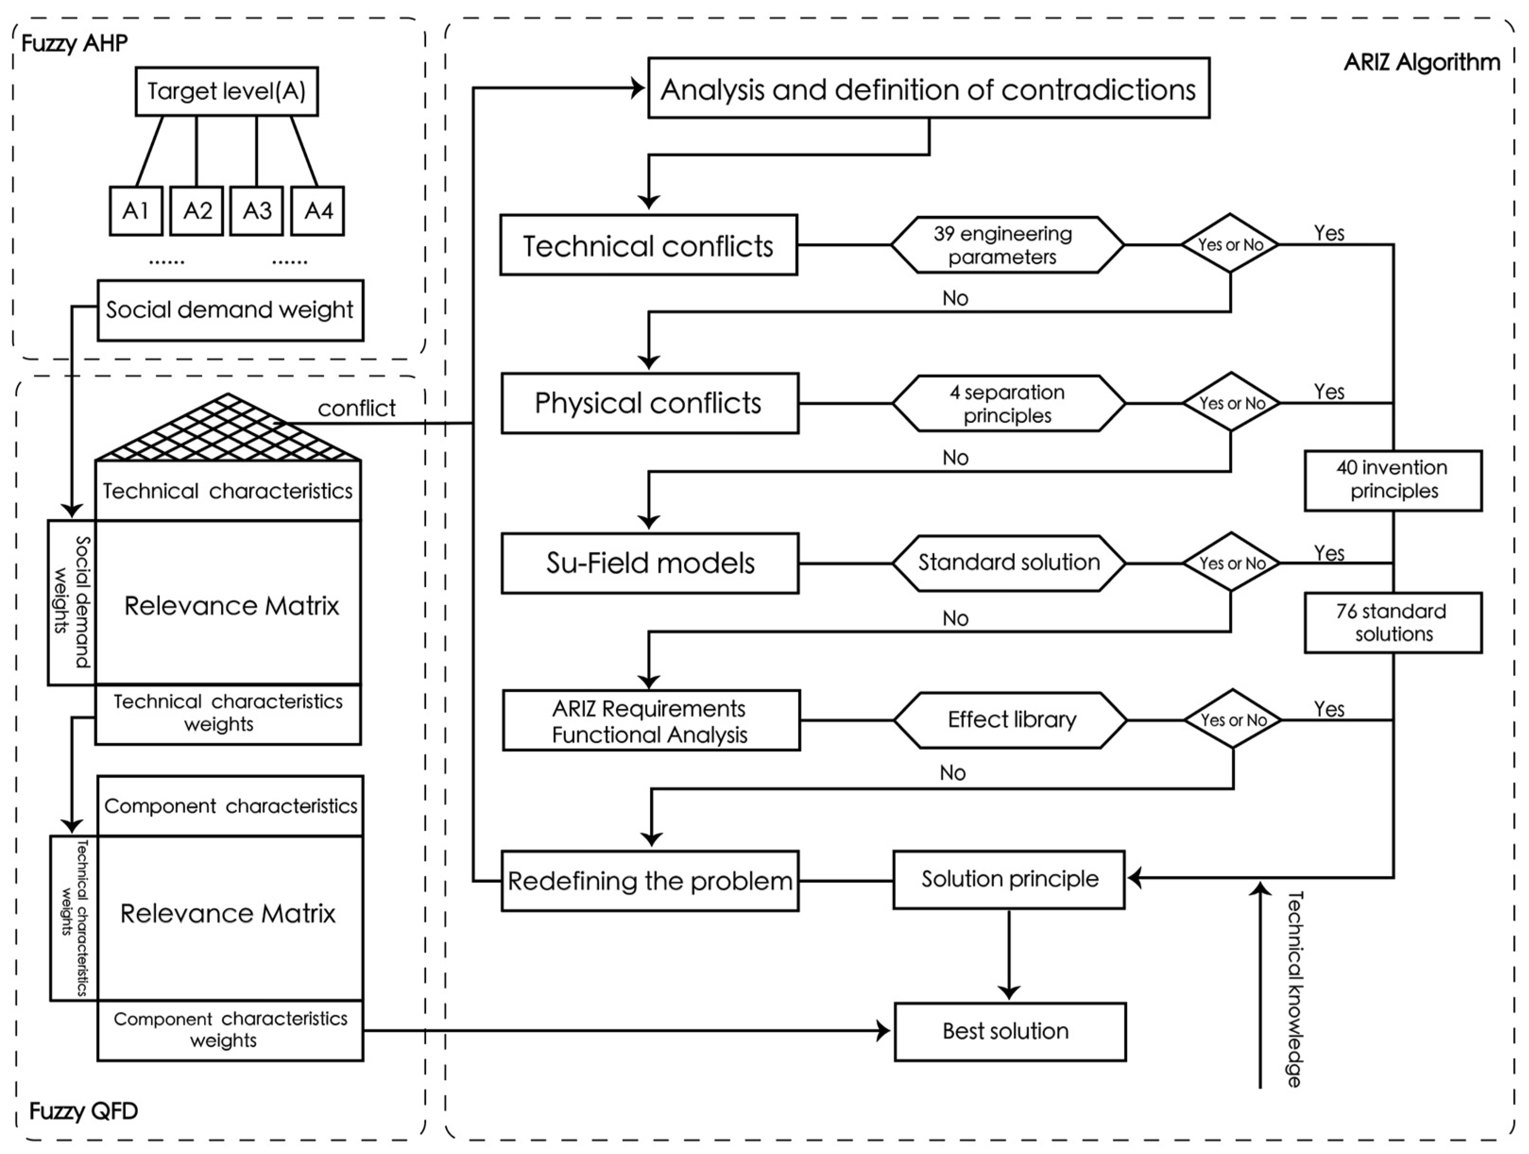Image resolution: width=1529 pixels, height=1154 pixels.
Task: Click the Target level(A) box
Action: coord(226,91)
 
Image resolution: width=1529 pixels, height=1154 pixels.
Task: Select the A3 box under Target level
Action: coord(256,211)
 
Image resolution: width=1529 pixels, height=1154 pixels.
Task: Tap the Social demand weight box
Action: coord(230,310)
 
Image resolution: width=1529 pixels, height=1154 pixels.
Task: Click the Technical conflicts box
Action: coord(649,246)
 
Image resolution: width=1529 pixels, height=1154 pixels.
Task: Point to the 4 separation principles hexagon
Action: coord(1008,404)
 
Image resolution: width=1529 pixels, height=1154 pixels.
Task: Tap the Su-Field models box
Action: coord(650,563)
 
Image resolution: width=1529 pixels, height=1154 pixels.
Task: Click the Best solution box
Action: coord(1009,1032)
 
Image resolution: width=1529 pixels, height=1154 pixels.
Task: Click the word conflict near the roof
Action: coord(356,408)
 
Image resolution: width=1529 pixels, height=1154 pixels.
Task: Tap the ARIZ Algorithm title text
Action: coord(1421,62)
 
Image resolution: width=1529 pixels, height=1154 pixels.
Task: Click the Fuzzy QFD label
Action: coord(84,1111)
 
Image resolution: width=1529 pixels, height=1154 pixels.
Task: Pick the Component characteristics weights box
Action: coord(230,1030)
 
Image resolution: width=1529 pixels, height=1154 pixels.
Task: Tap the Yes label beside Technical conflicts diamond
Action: coord(1329,233)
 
